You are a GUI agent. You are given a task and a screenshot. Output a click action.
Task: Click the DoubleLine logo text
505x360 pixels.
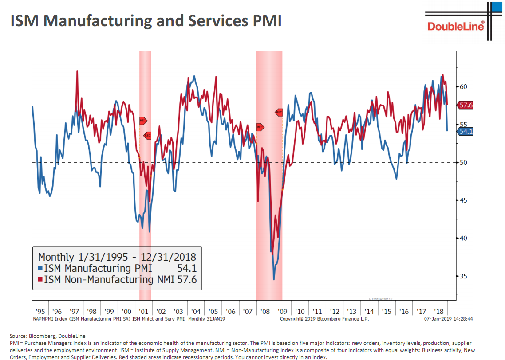click(456, 26)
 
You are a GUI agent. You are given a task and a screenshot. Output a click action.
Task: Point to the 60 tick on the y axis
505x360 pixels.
click(463, 86)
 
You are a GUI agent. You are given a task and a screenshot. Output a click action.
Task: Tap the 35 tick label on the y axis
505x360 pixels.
click(463, 276)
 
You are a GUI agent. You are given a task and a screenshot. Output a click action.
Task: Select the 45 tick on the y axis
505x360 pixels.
click(463, 200)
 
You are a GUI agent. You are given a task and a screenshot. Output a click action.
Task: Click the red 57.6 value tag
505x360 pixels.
click(466, 105)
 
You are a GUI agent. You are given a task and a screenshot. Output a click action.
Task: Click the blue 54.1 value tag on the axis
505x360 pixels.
click(466, 131)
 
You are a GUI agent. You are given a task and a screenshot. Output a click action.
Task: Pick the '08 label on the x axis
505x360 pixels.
click(265, 312)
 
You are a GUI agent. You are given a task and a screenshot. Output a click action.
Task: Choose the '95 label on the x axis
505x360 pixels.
click(40, 312)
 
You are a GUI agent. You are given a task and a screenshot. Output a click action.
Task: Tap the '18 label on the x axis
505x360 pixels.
click(439, 312)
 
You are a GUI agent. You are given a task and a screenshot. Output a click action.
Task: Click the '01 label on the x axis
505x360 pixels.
click(144, 312)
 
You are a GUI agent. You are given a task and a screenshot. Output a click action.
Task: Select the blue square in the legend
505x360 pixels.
click(40, 268)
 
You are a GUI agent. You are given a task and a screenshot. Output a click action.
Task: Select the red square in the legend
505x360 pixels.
click(40, 280)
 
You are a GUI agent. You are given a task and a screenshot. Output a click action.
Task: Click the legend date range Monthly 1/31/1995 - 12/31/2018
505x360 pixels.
click(117, 257)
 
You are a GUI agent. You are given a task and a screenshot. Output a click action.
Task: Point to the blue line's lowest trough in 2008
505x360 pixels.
click(274, 279)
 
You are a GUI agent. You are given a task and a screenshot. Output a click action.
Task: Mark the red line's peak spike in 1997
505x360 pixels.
click(77, 72)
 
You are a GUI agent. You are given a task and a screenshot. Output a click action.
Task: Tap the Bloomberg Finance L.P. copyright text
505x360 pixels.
click(324, 318)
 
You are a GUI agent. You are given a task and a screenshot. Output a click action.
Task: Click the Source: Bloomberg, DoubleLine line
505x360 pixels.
click(47, 336)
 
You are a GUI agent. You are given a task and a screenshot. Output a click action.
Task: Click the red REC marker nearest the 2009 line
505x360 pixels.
click(279, 112)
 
